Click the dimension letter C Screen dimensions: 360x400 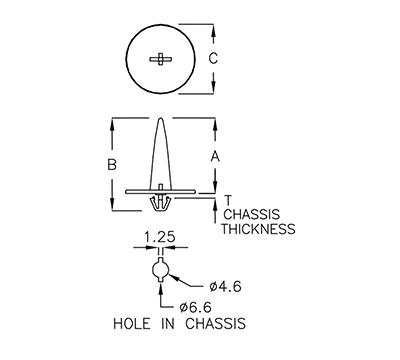click(212, 58)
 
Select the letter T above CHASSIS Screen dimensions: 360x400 click(228, 200)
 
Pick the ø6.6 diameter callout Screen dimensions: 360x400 click(196, 306)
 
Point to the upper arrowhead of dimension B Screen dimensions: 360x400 click(113, 124)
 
